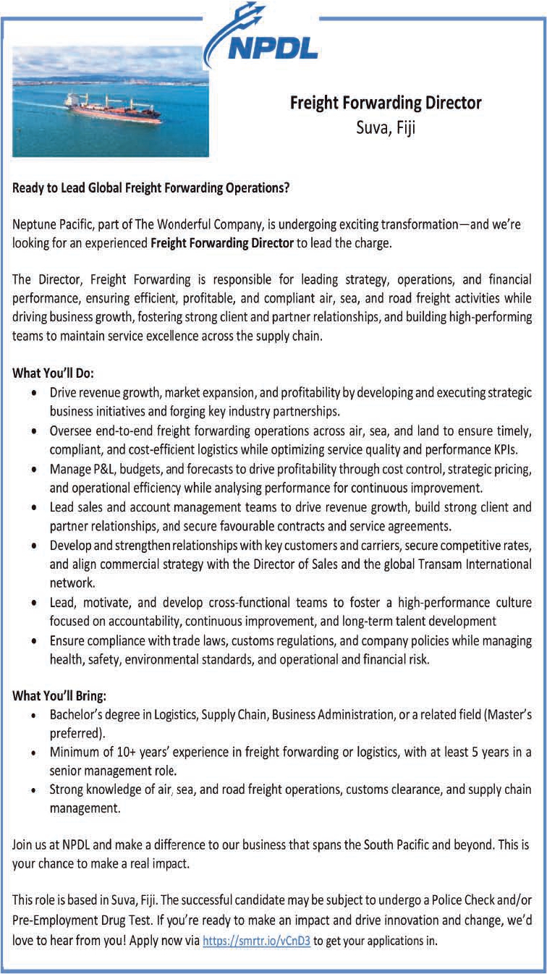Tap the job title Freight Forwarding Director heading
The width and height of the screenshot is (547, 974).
386,103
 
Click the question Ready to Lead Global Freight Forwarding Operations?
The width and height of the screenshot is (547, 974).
151,189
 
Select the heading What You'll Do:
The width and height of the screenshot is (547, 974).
54,374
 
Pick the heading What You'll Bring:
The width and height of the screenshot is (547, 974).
59,696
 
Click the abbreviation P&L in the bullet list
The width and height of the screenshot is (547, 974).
103,470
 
